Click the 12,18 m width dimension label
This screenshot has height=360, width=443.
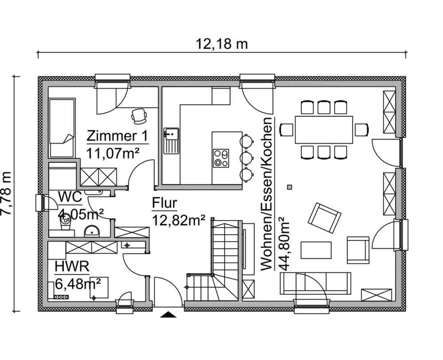click(221, 44)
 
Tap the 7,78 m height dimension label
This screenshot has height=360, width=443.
click(6, 193)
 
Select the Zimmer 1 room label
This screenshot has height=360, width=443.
click(117, 136)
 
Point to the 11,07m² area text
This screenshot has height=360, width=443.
click(113, 153)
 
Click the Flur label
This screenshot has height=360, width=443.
click(164, 203)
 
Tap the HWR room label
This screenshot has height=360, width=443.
click(72, 266)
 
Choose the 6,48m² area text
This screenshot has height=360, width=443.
click(78, 284)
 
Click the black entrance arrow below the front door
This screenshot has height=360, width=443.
click(168, 314)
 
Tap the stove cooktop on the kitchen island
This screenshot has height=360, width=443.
click(221, 158)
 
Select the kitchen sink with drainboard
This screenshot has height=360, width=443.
click(171, 141)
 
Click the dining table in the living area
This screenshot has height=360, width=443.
click(324, 129)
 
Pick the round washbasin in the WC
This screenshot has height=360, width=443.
click(92, 231)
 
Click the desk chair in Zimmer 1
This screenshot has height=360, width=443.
click(139, 116)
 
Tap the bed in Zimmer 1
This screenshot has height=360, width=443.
click(62, 128)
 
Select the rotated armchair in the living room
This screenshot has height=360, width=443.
click(324, 218)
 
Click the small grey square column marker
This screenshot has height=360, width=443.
click(289, 187)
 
